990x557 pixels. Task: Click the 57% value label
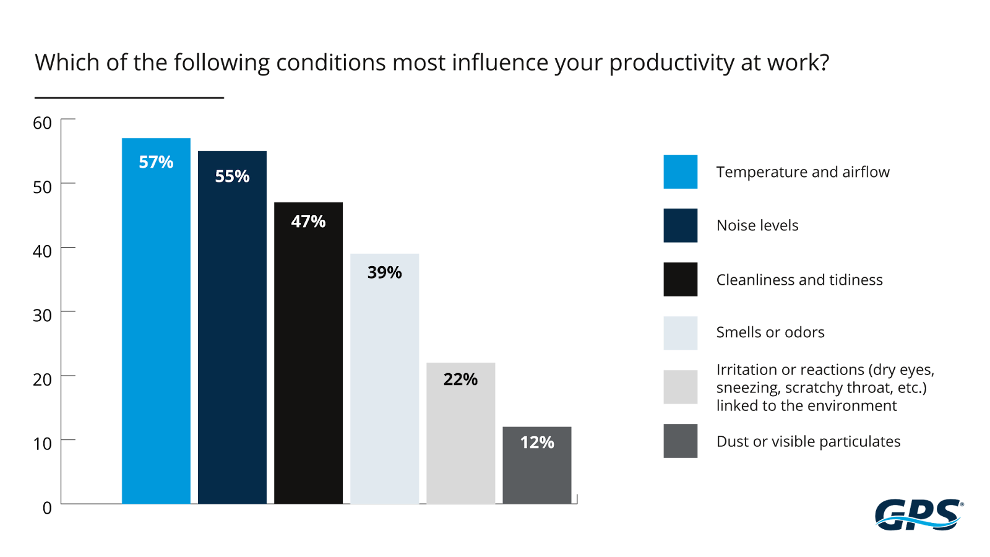(x=156, y=162)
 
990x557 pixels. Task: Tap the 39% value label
(x=384, y=272)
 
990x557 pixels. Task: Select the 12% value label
(x=537, y=443)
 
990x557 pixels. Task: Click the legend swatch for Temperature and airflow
(x=680, y=171)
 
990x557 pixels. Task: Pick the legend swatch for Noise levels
(x=680, y=225)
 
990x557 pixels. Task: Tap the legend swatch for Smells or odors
(x=680, y=333)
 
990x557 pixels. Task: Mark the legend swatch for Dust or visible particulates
(x=680, y=441)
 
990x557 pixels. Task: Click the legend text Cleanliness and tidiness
(x=799, y=280)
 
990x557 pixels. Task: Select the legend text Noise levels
(x=757, y=225)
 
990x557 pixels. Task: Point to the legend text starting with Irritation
(x=825, y=387)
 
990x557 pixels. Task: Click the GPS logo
(x=919, y=514)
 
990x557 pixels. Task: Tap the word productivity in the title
(x=671, y=63)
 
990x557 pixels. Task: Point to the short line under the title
(x=129, y=98)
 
